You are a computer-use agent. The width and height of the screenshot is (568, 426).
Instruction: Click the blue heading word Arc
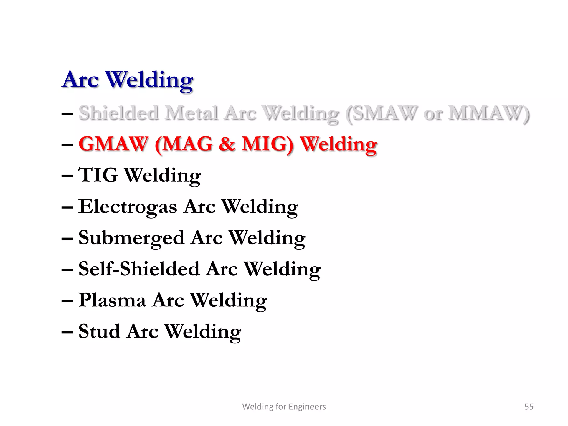[x=81, y=80]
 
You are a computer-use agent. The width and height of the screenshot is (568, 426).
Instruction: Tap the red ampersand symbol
[x=227, y=144]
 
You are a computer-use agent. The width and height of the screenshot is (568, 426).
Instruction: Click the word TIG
[x=98, y=175]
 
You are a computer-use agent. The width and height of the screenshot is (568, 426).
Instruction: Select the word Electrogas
[x=128, y=207]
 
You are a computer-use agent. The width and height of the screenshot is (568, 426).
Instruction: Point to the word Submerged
[x=131, y=238]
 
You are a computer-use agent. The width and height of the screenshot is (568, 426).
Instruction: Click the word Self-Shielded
[x=139, y=269]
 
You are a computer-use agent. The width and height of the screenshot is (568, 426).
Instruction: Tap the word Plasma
[x=112, y=300]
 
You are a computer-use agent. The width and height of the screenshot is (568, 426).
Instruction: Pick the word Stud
[x=99, y=331]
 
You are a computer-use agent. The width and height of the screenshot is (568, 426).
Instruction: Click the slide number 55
[x=529, y=407]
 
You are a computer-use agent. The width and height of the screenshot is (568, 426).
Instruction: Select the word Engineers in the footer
[x=307, y=407]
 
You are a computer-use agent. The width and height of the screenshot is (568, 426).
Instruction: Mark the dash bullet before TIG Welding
[x=67, y=176]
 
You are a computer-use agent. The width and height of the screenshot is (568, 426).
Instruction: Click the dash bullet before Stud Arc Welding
[x=67, y=332]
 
